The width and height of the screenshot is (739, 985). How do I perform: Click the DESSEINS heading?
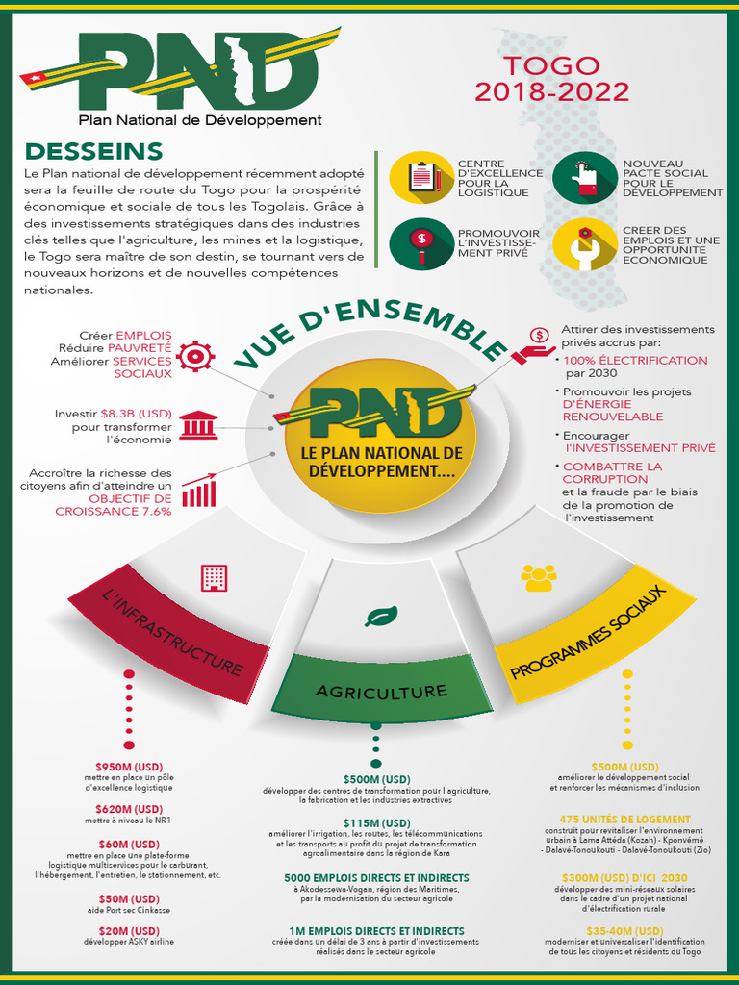tap(93, 151)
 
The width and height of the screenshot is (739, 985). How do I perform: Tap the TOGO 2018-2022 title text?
tap(551, 79)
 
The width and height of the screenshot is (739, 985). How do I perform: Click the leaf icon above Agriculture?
tap(381, 616)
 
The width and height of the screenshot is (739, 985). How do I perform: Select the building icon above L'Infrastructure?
tap(214, 577)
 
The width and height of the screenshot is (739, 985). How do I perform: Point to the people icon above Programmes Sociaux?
tap(538, 577)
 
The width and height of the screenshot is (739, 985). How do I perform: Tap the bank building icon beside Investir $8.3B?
tap(198, 424)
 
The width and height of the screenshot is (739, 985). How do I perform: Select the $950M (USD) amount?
tap(129, 765)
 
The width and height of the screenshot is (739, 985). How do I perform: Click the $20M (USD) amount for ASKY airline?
tap(129, 930)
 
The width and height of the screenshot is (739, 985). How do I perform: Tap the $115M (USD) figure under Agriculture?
tap(376, 822)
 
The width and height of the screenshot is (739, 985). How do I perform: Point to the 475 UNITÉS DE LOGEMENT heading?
tap(625, 820)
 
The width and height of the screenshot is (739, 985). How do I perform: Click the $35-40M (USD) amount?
tap(625, 930)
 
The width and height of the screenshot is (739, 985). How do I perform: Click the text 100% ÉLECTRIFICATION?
tap(635, 360)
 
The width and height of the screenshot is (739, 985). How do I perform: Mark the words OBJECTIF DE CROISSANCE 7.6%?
tap(130, 505)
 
